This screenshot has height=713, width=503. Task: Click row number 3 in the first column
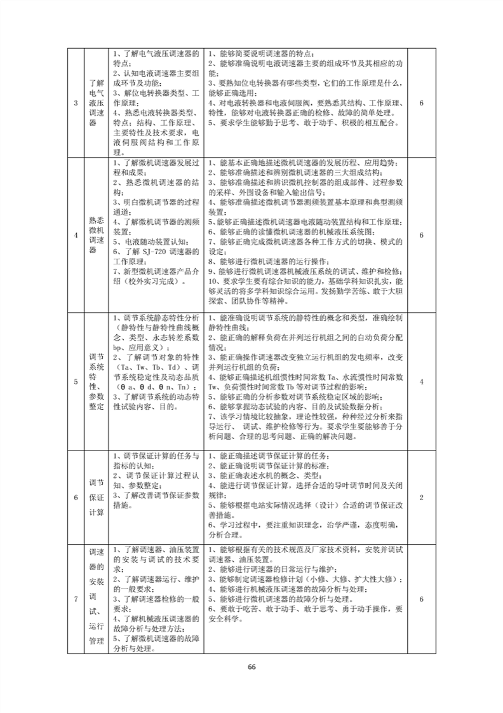tap(76, 103)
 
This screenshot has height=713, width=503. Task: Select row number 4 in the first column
tap(76, 234)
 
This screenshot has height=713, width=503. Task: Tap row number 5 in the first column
tap(76, 381)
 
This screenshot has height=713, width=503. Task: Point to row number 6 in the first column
tap(76, 497)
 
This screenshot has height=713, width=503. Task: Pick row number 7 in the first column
tap(76, 599)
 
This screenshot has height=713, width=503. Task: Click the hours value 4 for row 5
tap(422, 381)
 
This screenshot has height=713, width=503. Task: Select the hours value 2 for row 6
tap(422, 497)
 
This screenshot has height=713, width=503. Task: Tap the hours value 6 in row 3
tap(422, 103)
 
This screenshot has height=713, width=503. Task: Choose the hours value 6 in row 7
tap(422, 599)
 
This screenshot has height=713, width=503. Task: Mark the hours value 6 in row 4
tap(422, 234)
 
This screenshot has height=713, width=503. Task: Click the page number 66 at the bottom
tap(251, 667)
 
